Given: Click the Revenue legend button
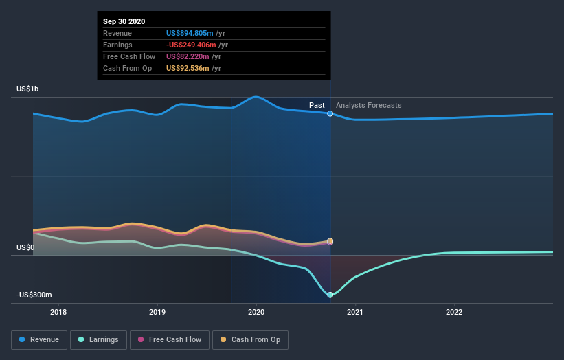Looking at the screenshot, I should pos(40,339).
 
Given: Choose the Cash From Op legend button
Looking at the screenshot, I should pos(251,339).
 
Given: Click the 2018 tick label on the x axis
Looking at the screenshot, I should pos(59,312).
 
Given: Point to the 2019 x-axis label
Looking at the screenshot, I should pos(157,312).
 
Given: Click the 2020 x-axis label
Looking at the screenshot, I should pos(256,312).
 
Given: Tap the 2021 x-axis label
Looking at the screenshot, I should pos(355,312).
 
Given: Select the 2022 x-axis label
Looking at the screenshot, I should pos(454,312).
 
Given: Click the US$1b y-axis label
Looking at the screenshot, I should pos(29,89).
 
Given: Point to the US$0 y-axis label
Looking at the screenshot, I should pos(25,247).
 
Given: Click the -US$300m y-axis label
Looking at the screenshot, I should pos(34,295).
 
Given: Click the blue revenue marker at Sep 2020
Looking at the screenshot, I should pos(330,113).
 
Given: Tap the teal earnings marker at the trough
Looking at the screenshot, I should pos(330,295).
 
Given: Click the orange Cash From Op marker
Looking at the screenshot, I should pos(330,240).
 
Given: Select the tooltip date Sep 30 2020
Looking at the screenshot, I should pos(124,22).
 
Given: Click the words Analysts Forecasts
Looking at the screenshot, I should pos(369,105).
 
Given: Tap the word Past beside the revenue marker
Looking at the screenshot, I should pos(317,105).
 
